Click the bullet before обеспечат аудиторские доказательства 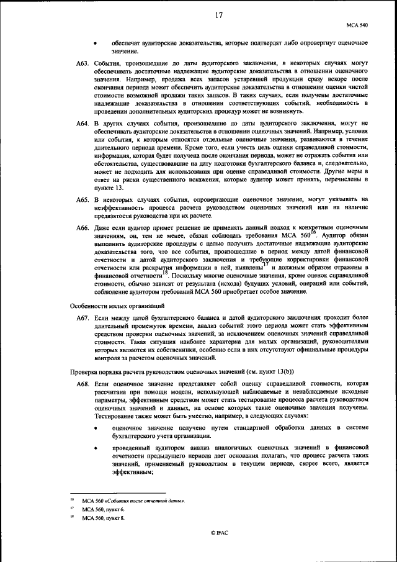click(x=96, y=43)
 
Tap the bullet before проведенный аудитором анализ click(x=96, y=447)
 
